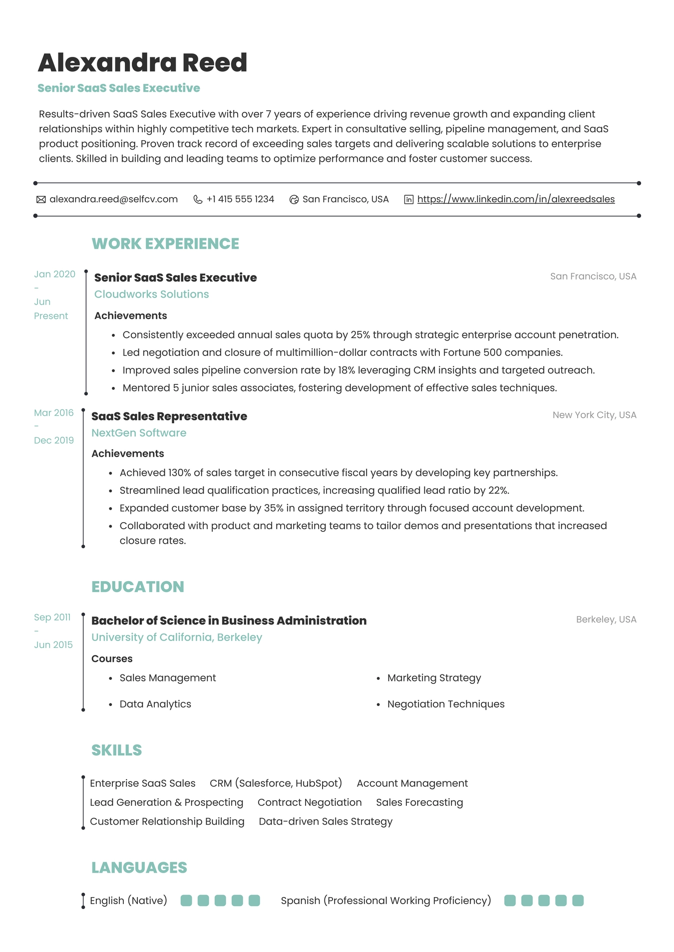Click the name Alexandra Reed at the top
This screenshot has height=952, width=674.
pos(142,63)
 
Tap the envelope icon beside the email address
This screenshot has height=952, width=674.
pos(41,200)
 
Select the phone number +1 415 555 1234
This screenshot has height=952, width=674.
pos(240,199)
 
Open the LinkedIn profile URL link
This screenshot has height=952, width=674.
pos(516,199)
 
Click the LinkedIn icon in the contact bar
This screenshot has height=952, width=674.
pos(408,200)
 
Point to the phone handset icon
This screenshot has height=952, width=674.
pos(198,200)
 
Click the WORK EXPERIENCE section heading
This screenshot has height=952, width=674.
pos(165,244)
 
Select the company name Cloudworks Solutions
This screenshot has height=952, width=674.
pos(151,294)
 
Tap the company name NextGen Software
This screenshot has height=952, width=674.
pos(139,433)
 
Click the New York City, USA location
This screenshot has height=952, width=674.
pos(594,415)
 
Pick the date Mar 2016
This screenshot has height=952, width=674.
pos(53,413)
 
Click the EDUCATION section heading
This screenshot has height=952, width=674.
pos(137,587)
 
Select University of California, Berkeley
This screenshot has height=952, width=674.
pos(176,637)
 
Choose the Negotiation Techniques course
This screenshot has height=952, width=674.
pos(445,704)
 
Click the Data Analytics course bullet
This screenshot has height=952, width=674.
pos(155,704)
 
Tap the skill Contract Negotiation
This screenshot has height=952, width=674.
pos(310,802)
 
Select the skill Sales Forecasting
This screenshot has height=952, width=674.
pos(419,802)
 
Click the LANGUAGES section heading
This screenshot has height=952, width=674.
pos(139,868)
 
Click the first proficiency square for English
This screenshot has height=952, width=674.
pos(186,901)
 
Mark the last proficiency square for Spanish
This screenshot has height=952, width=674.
pos(578,901)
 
